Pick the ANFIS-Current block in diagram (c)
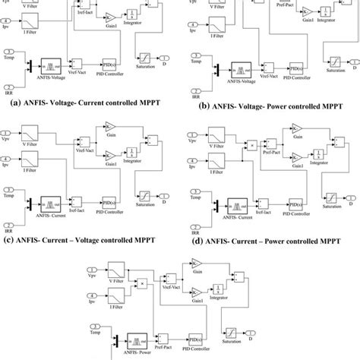click(x=55, y=204)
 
